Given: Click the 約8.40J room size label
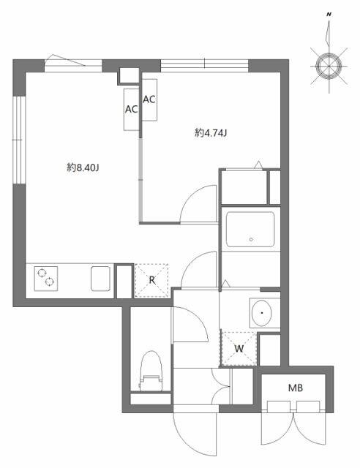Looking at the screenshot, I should click(83, 167).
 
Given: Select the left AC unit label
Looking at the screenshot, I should click(132, 110).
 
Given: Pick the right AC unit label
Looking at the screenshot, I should click(149, 99).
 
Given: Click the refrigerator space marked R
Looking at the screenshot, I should click(151, 280).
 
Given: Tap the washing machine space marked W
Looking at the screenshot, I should click(239, 348).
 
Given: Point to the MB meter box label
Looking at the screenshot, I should click(295, 388).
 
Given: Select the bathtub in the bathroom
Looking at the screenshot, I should click(250, 230).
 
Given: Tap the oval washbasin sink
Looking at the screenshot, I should click(260, 314).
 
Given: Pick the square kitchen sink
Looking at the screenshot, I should click(100, 279).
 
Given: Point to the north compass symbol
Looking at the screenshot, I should click(327, 64).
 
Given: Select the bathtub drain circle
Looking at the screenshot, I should click(251, 239).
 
